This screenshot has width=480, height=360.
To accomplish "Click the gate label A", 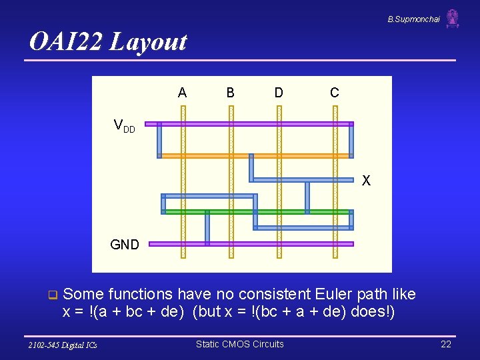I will click(x=182, y=93).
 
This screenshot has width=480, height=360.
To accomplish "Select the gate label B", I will click(x=230, y=93).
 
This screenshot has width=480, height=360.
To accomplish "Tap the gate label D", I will click(x=279, y=93).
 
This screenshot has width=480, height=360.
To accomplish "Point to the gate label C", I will click(x=335, y=93).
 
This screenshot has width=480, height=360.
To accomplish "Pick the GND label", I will click(x=125, y=245).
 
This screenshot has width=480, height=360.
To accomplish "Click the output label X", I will click(x=366, y=181).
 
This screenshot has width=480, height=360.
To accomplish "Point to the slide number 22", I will click(x=446, y=344).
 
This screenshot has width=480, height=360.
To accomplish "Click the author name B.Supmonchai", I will click(x=413, y=19).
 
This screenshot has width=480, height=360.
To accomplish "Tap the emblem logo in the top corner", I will click(x=453, y=19).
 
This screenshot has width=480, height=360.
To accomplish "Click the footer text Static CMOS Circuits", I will click(x=239, y=344).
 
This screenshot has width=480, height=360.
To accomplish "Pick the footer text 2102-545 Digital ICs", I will click(x=63, y=345).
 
